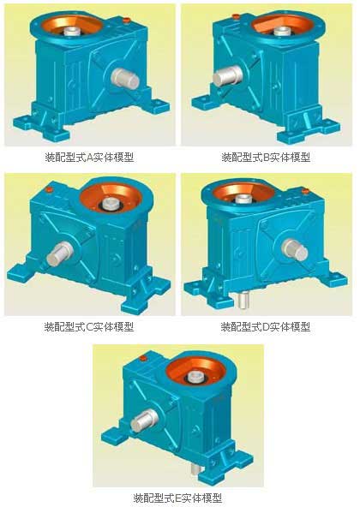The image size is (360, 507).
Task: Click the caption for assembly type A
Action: [89, 158]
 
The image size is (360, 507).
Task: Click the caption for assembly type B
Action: [266, 158]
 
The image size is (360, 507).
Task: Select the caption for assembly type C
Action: [89, 327]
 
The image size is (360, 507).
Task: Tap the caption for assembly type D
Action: [266, 327]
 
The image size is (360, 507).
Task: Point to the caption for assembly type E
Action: [177, 498]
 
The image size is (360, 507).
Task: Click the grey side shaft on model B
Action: [228, 76]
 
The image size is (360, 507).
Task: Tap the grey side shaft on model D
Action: [295, 249]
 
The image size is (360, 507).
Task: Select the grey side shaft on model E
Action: [145, 421]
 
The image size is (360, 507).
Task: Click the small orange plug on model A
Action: [127, 21]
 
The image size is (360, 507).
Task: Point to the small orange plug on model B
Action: [236, 16]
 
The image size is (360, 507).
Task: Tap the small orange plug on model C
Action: [49, 190]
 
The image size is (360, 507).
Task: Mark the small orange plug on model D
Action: [306, 192]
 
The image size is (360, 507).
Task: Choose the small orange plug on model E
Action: [142, 358]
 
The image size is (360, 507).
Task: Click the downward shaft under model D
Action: [243, 300]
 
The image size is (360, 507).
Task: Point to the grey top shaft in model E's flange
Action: [197, 375]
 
